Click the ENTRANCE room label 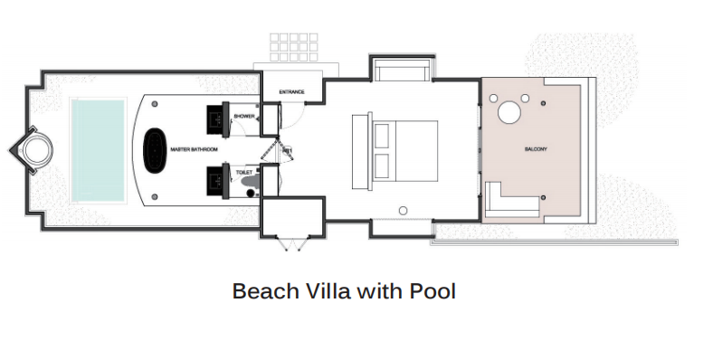click(291, 92)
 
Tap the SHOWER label click(244, 117)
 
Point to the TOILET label click(244, 173)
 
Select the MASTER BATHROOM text click(195, 149)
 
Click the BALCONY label click(537, 149)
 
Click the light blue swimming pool click(98, 150)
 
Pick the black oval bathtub click(155, 150)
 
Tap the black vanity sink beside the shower click(217, 119)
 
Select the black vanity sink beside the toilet click(217, 181)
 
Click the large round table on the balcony click(509, 112)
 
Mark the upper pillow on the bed click(382, 136)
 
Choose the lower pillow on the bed click(382, 166)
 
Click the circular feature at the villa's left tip click(38, 150)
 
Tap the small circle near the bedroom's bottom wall click(403, 211)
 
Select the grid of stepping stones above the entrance click(294, 47)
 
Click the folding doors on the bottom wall click(292, 243)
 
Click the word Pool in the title click(433, 291)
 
